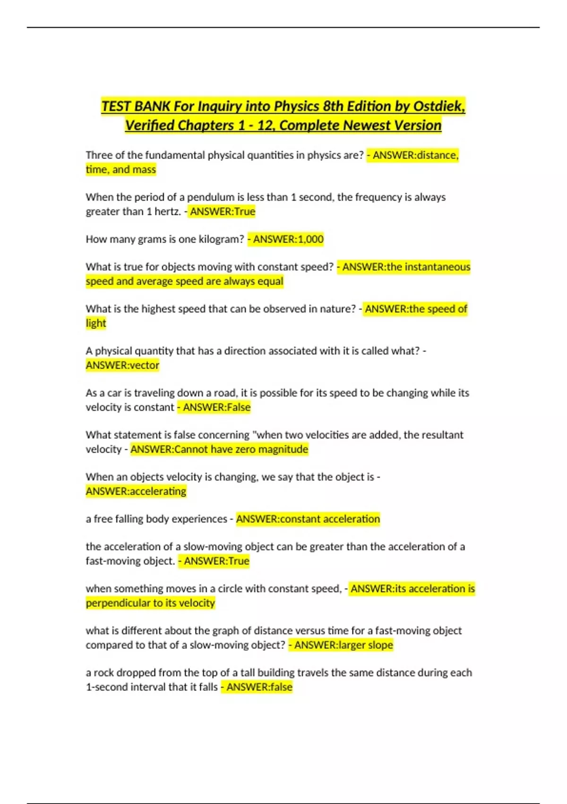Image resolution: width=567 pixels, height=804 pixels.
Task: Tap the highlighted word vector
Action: (144, 366)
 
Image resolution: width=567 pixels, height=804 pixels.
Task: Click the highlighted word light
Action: (96, 323)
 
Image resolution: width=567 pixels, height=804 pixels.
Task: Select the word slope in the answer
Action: (380, 645)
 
